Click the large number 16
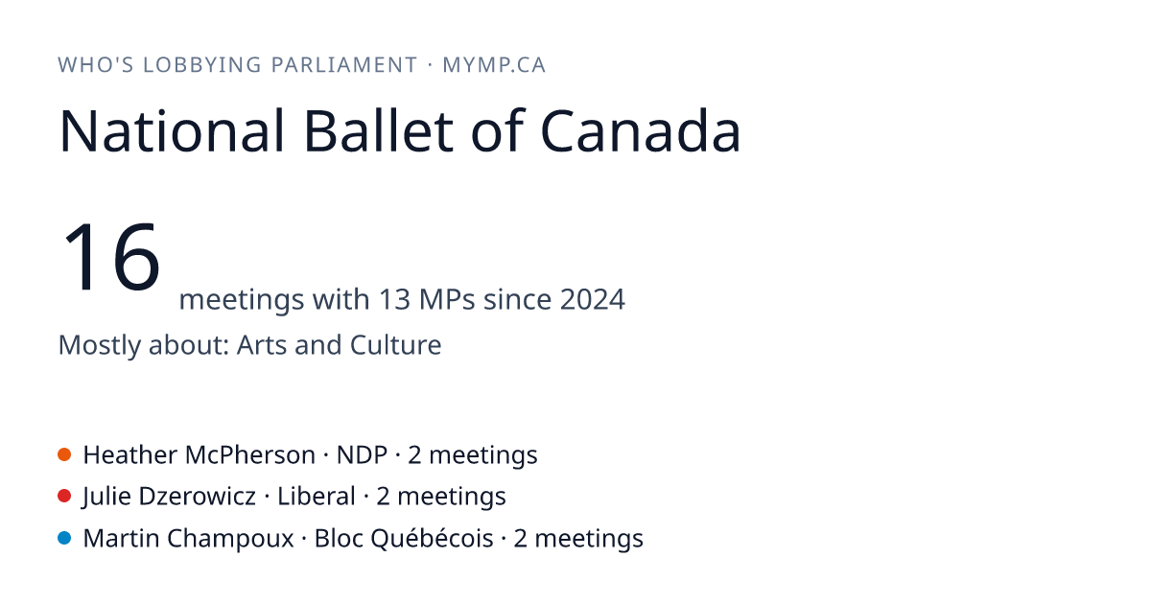coord(111,256)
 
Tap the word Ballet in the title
coord(379,130)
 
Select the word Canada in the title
coord(641,130)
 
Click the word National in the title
coord(172,130)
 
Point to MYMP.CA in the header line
coord(494,65)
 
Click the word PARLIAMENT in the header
coord(344,65)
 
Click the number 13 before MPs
coord(394,299)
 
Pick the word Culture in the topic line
coord(395,344)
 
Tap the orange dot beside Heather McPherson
coord(64,454)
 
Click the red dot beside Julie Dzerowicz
coord(64,497)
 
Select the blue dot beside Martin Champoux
coord(64,538)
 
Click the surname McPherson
coord(249,455)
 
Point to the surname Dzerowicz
coord(198,497)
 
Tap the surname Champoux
coord(230,539)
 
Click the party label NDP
coord(362,455)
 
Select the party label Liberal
coord(316,497)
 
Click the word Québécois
coord(433,539)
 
